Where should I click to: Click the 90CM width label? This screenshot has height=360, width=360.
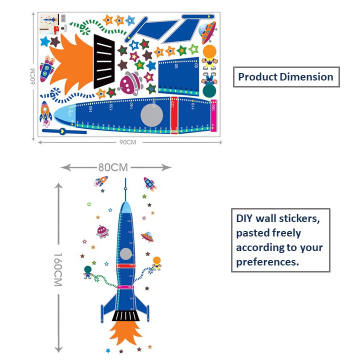coord(128,142)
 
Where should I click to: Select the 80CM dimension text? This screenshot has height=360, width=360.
coord(113,167)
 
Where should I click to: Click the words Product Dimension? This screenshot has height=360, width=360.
coord(285,77)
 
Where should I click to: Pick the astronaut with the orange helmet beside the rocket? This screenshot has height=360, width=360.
coord(157,263)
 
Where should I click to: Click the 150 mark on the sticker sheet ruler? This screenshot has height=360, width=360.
coord(111,106)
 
